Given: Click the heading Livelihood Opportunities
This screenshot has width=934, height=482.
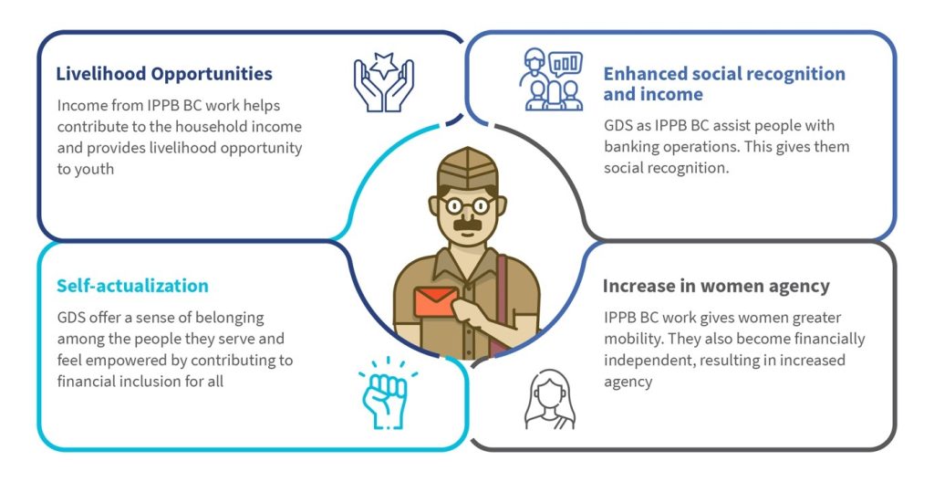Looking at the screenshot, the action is (x=164, y=74).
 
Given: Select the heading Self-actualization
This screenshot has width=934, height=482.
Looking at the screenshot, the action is (x=132, y=286).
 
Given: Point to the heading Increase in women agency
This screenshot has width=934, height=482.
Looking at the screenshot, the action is (x=716, y=287).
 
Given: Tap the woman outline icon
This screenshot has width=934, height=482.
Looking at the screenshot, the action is (x=549, y=399).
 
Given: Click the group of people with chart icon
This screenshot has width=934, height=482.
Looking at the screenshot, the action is (x=551, y=79).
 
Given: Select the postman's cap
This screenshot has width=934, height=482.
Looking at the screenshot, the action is (x=467, y=170).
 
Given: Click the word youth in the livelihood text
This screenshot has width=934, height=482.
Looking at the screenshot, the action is (x=85, y=170).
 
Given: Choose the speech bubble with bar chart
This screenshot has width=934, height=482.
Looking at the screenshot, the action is (x=566, y=63).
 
